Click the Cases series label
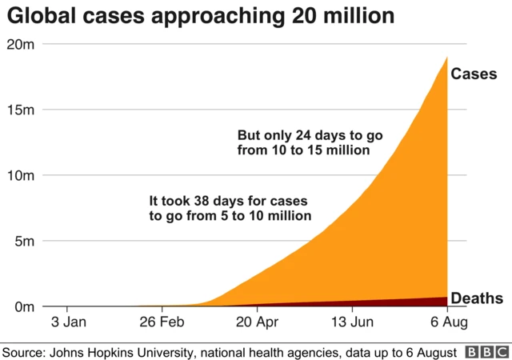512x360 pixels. (474, 74)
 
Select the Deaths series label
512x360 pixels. (477, 298)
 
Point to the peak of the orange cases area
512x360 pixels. (446, 58)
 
